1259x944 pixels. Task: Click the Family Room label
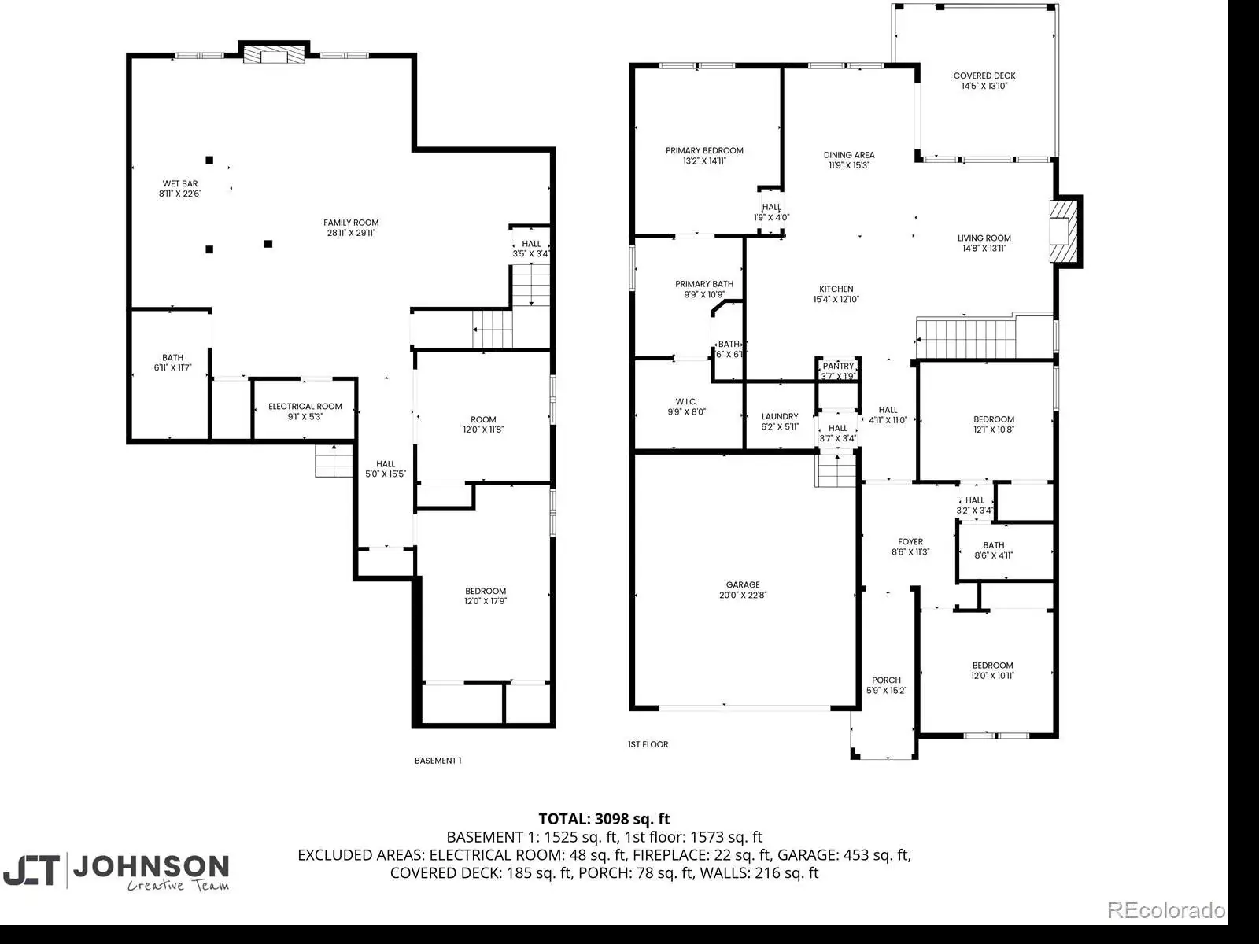(x=351, y=227)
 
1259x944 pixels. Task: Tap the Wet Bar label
(x=180, y=189)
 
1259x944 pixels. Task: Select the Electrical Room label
(x=305, y=411)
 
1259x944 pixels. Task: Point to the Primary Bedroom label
(x=704, y=155)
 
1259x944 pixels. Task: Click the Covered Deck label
(x=984, y=81)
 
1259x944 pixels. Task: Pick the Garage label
(x=743, y=589)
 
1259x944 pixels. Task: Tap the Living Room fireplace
(x=1065, y=231)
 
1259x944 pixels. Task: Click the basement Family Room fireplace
(x=274, y=53)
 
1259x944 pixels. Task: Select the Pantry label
(x=838, y=371)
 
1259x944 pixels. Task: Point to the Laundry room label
(x=780, y=422)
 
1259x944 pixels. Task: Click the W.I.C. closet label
(x=687, y=407)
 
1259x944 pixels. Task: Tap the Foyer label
(x=910, y=547)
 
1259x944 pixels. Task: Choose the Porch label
(x=886, y=685)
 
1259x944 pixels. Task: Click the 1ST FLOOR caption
(x=648, y=744)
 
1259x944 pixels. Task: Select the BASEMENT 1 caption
(x=438, y=761)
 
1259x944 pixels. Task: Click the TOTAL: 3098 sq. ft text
(x=604, y=818)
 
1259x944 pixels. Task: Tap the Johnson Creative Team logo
(x=116, y=872)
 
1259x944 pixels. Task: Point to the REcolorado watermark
(x=1166, y=909)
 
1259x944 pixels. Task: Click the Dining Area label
(x=849, y=160)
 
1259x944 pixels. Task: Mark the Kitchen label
(x=836, y=294)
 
